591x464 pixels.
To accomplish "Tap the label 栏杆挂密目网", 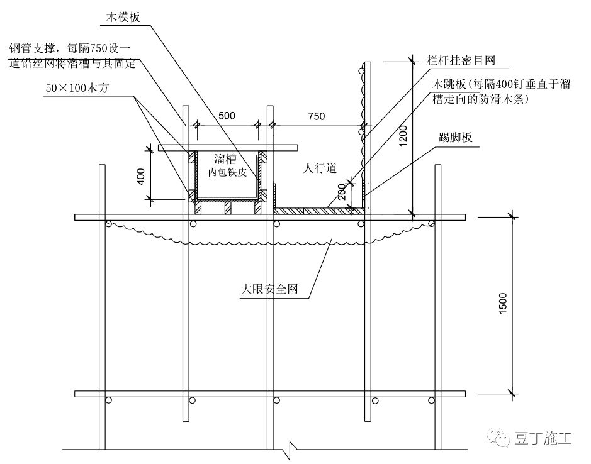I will (x=461, y=61).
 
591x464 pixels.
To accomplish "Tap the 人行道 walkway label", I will (x=320, y=168).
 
